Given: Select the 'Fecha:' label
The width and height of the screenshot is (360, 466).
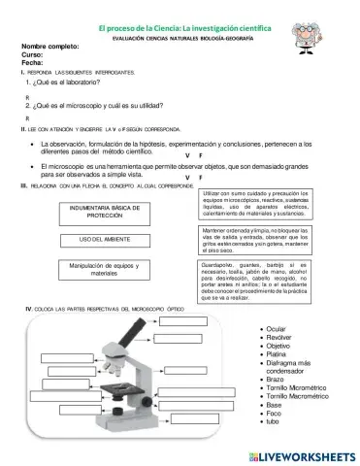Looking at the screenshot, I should point(32,63).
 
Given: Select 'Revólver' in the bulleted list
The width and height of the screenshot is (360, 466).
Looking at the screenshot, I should point(280,337).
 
